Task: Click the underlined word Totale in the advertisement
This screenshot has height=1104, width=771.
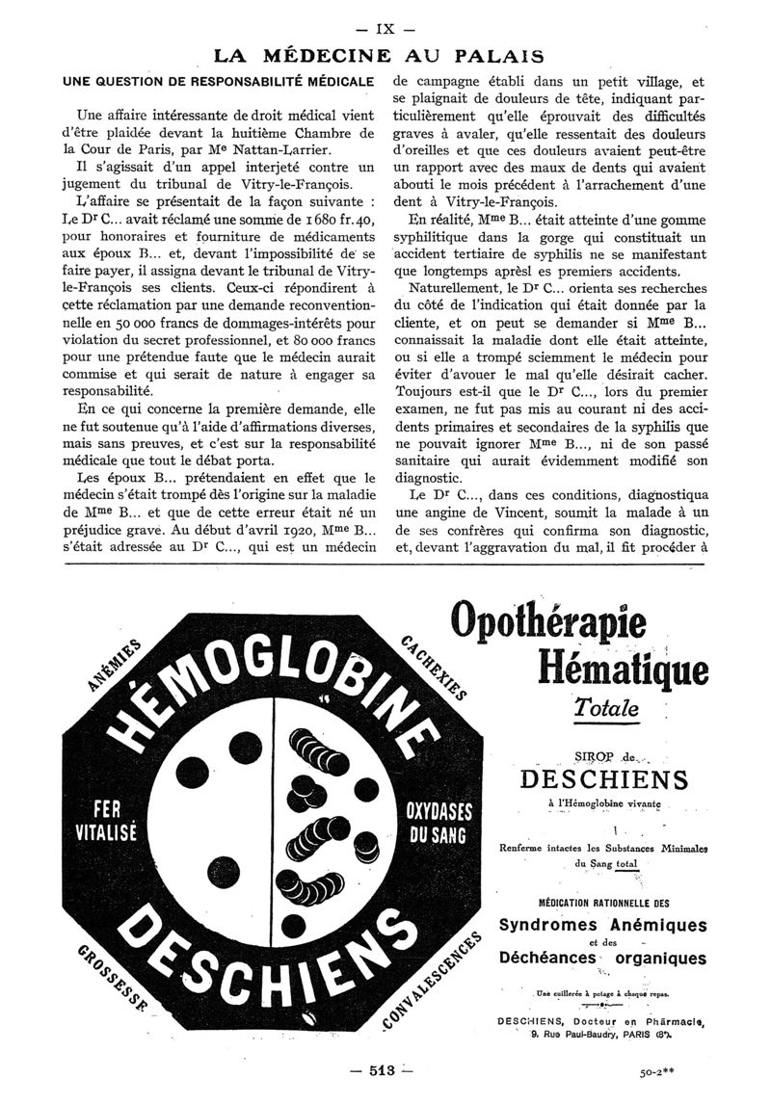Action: (606, 708)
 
